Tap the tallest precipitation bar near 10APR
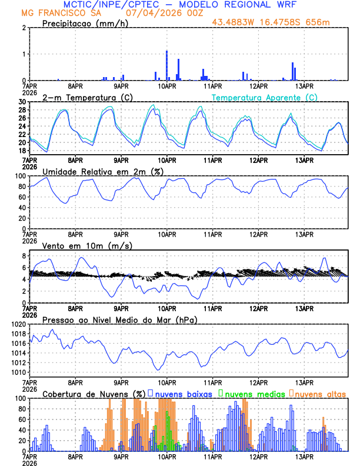point(166,65)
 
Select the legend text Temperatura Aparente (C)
point(265,97)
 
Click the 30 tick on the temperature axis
point(22,102)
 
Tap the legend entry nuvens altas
point(320,392)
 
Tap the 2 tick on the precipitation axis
point(24,28)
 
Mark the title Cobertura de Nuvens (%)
point(94,392)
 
